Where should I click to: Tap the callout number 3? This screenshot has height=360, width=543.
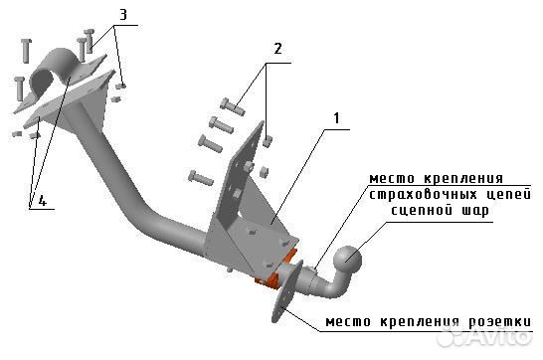(x=122, y=15)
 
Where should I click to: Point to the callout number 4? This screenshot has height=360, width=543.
(x=41, y=202)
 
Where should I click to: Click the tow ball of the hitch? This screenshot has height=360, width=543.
(x=348, y=262)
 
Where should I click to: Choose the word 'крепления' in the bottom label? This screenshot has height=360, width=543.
(x=418, y=324)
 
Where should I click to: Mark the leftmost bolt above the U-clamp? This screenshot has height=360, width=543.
(x=24, y=49)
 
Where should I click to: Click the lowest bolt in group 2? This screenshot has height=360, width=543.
(x=200, y=178)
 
